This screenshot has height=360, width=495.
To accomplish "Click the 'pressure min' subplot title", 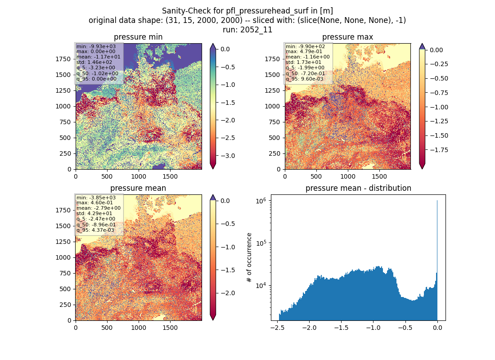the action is pos(138,37).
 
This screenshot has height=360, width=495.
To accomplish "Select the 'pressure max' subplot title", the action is pos(347,37).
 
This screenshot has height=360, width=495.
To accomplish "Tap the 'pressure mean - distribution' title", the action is pos(358,188).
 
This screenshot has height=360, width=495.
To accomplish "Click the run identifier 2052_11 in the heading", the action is pos(256,30).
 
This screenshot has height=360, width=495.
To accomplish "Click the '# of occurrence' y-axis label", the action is pos(249,258).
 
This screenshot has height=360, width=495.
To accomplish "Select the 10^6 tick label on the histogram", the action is pos(261,201).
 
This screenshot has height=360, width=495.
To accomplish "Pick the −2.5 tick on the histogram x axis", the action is pos(277,328).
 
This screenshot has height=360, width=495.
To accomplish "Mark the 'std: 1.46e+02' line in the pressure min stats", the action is pos(94,62).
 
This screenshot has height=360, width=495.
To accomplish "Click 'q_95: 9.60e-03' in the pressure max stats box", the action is pos(305,79).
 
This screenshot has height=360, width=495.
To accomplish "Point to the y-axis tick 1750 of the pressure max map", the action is pos(272,59).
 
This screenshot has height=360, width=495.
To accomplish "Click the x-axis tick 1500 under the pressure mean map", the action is pos(170,328).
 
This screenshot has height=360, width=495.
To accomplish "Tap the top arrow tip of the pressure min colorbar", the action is pos(213,44).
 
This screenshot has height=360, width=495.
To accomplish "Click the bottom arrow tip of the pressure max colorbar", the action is pos(422,169).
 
